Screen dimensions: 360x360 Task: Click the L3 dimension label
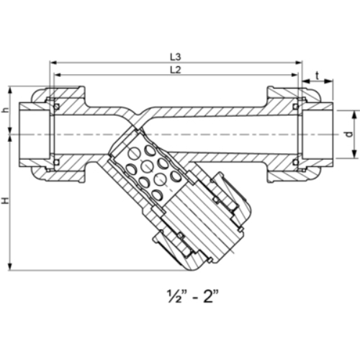(x=175, y=55)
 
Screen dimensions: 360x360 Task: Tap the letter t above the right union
(x=317, y=74)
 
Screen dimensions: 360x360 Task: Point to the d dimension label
(x=348, y=135)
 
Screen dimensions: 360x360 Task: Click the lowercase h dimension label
(x=6, y=110)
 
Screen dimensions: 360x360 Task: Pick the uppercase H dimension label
(x=6, y=204)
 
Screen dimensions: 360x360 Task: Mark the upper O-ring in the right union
(x=295, y=107)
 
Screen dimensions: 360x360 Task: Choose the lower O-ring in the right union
(x=295, y=162)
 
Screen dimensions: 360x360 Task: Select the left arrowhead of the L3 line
(x=52, y=62)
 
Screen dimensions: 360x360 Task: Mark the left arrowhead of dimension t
(x=304, y=81)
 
